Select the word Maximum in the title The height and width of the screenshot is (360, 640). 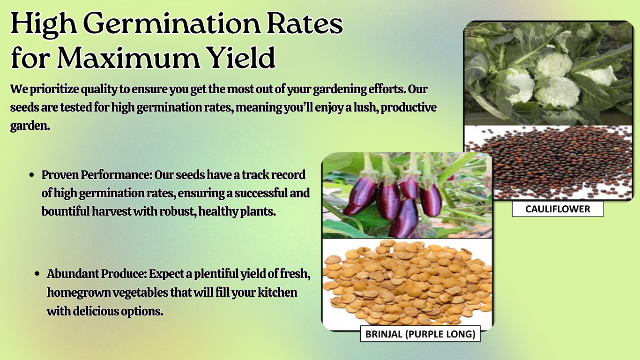coord(128,58)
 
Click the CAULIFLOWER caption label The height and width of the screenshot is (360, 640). coord(558,209)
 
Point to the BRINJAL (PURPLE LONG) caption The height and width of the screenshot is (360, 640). coord(420,334)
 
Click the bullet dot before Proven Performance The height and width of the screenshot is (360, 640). coord(32,175)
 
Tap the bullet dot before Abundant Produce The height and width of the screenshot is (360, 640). coord(37,274)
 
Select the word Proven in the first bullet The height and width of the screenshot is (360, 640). coord(60,175)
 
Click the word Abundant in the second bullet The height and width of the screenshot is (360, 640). coord(73,274)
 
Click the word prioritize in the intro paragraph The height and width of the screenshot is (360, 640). coord(54,90)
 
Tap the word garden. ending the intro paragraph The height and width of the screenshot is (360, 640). coord(30,126)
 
